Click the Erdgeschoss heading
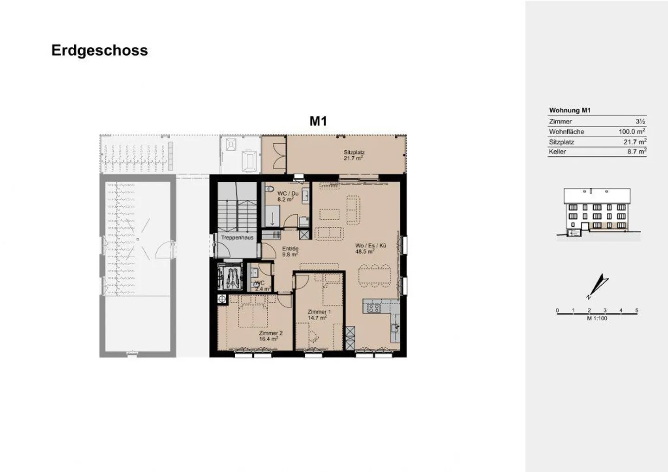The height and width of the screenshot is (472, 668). click(99, 50)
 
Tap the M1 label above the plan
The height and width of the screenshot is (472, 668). click(318, 121)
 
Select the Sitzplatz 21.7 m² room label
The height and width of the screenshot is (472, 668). click(353, 155)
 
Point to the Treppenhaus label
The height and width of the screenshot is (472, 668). click(237, 237)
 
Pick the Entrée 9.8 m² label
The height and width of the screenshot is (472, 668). click(290, 251)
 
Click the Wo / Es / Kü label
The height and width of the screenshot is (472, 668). click(370, 249)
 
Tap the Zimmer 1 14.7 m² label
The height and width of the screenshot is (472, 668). click(319, 315)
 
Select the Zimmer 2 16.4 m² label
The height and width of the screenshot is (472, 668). click(270, 336)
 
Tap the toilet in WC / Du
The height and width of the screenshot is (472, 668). click(270, 189)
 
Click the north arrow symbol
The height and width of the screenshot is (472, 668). click(597, 287)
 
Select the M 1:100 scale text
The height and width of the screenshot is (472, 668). click(597, 319)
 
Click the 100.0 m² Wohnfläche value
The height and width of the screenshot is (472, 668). click(631, 132)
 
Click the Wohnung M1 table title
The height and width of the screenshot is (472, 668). click(570, 110)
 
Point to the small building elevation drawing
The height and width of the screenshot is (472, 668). click(597, 213)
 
